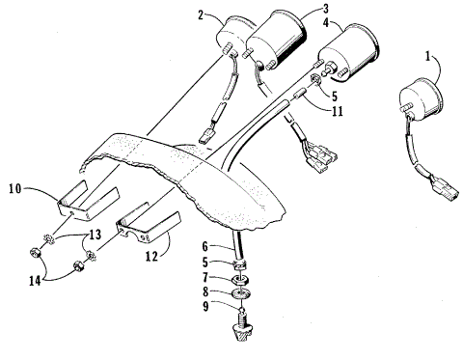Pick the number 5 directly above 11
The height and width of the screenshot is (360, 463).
click(333, 96)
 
